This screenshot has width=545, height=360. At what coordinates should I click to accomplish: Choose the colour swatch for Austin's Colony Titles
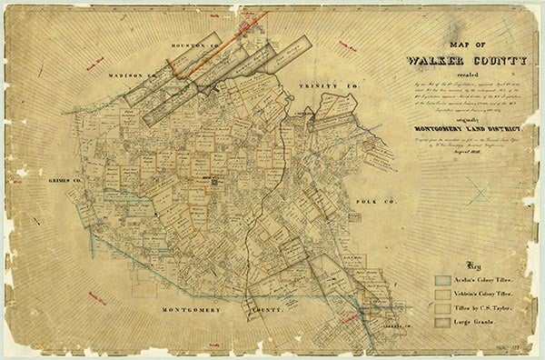coord(442,281)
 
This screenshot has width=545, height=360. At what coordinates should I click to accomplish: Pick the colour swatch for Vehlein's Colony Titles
coord(442,296)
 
